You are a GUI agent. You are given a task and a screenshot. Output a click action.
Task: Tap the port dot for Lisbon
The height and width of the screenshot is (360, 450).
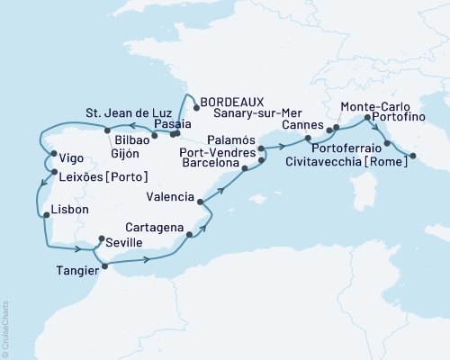(x=45, y=215)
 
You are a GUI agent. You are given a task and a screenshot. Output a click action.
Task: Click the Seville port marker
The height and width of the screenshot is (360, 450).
(x=101, y=239)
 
